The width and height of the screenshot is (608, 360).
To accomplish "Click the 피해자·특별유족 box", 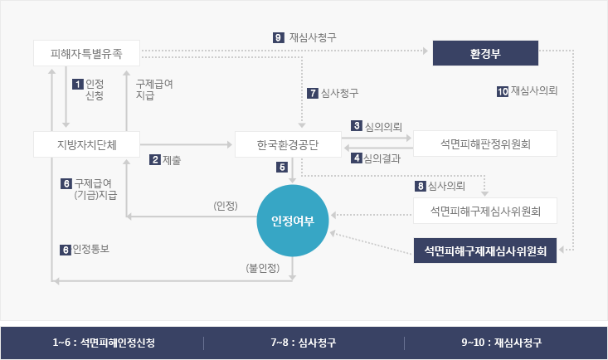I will [86, 54].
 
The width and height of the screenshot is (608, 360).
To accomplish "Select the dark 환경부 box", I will [485, 54].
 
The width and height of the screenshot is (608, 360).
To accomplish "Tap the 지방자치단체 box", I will [86, 144].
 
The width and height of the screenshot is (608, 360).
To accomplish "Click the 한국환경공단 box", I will [288, 144].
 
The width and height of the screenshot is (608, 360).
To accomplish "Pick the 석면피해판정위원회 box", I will [485, 144].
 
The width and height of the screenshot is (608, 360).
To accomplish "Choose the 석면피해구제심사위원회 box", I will [485, 211].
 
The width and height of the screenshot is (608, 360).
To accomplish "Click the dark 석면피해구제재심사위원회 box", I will [485, 251].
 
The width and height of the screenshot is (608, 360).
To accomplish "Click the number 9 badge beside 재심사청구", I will [278, 37].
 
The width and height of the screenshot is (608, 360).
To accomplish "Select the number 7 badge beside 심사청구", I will [313, 92].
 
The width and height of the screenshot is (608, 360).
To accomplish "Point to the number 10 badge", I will [502, 91].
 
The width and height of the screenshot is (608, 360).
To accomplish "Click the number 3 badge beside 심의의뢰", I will [357, 126].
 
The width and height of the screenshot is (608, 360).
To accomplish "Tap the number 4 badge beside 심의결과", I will [357, 158].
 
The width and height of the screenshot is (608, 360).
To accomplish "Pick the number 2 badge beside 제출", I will [154, 159].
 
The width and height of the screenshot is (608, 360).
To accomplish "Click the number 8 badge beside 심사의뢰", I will [421, 185].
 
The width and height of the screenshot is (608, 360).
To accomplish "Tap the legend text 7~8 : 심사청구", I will [304, 342].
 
